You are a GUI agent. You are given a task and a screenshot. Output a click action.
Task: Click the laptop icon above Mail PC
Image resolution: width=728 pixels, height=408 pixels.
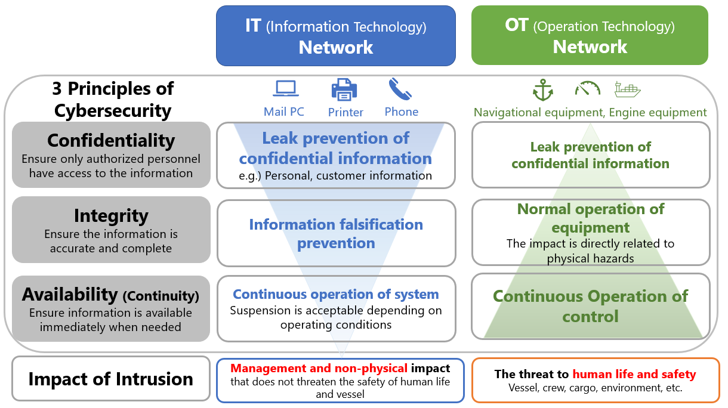tap(286, 88)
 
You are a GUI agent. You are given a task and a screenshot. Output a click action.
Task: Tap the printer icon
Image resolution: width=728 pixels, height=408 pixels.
tap(344, 89)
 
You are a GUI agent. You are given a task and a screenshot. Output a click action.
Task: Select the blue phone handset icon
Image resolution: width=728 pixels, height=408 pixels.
tap(400, 89)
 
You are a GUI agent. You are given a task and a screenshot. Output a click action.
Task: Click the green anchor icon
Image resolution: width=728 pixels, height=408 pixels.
tap(543, 89)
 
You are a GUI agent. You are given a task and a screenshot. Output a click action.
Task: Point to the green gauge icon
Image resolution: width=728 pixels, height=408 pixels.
tap(588, 88)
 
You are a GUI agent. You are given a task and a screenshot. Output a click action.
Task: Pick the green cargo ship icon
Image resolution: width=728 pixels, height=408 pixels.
tap(628, 89)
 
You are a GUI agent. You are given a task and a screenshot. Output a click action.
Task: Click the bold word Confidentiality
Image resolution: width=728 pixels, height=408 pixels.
tap(111, 141)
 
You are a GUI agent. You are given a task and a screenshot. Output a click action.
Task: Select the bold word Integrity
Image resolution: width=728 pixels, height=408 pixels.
tap(111, 216)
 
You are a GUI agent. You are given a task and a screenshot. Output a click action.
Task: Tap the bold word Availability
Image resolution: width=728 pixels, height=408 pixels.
tap(70, 295)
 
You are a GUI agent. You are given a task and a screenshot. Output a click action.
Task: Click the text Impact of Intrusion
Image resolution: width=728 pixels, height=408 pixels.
tap(111, 379)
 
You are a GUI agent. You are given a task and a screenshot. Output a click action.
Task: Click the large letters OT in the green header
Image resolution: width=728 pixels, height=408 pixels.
tap(516, 24)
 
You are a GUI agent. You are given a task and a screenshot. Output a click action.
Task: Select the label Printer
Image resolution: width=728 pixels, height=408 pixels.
tap(346, 112)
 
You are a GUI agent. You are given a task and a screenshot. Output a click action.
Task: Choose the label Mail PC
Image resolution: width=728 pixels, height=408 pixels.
tap(283, 112)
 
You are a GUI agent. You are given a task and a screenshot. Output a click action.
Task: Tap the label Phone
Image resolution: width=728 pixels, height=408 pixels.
tap(402, 112)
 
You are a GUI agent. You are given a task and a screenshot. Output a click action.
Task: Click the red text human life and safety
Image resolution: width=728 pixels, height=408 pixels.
tap(634, 374)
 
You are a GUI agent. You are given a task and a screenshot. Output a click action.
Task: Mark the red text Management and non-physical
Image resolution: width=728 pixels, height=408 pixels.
tap(319, 369)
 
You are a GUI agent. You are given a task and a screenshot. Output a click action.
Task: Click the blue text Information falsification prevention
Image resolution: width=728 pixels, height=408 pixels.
tap(336, 234)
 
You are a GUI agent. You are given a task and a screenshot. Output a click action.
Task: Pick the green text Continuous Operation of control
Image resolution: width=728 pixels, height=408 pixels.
tap(591, 307)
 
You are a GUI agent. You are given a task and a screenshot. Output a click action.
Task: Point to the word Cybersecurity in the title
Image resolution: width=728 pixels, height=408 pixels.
tap(113, 111)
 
